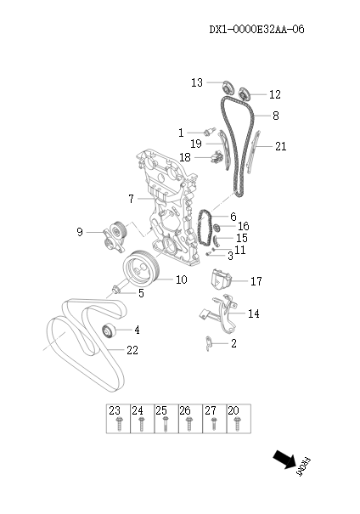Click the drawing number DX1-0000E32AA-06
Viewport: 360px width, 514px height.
(256, 29)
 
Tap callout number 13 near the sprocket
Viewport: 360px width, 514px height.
(197, 82)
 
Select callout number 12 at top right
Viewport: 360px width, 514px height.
(274, 94)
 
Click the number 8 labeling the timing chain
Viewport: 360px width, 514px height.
(274, 116)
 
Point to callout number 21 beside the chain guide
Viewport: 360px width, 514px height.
(280, 146)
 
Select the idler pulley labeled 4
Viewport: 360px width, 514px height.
(108, 330)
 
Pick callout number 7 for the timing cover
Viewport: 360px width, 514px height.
(132, 199)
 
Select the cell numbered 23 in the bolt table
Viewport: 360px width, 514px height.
(116, 410)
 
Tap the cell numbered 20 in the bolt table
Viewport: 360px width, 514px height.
(233, 410)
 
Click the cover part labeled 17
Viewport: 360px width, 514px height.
(221, 278)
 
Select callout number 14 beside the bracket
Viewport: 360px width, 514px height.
(253, 313)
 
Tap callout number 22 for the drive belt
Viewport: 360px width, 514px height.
(132, 350)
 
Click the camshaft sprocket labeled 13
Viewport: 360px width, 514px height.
(226, 88)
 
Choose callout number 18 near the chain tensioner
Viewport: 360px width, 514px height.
(185, 157)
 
